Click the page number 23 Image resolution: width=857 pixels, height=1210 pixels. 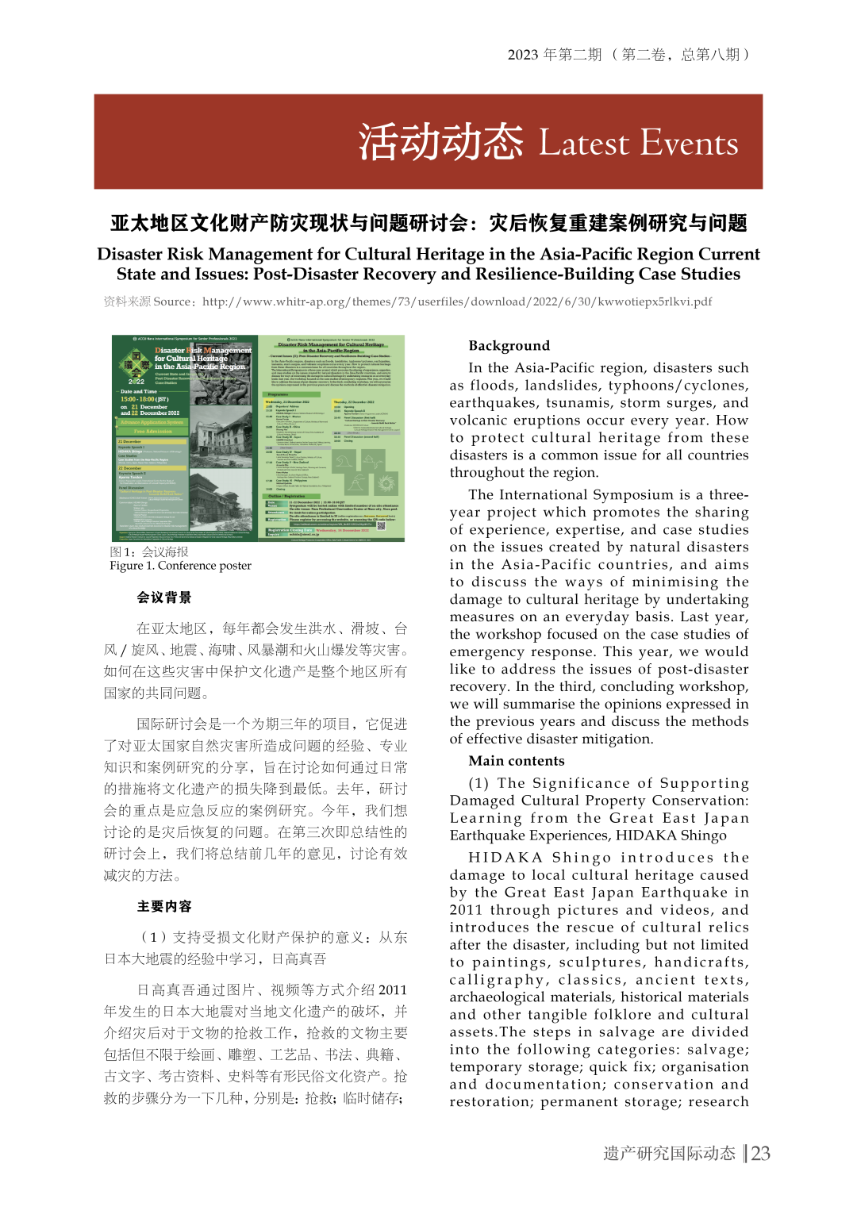click(x=761, y=1153)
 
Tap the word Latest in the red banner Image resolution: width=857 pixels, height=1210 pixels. click(x=584, y=144)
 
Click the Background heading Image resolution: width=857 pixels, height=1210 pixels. click(x=509, y=345)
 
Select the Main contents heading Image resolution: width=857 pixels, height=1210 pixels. click(x=517, y=760)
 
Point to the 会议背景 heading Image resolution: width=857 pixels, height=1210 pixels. click(x=164, y=597)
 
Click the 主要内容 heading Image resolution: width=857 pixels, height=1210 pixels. click(x=164, y=906)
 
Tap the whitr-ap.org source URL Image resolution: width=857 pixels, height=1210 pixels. click(x=457, y=302)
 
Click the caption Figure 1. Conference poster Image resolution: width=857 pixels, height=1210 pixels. click(x=181, y=565)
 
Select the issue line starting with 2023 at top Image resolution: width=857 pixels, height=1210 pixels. click(x=628, y=55)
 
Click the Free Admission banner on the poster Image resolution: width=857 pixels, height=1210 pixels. click(x=153, y=431)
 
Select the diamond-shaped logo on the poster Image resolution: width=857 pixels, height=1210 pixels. click(x=135, y=364)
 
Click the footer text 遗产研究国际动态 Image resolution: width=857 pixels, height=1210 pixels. click(x=669, y=1153)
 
